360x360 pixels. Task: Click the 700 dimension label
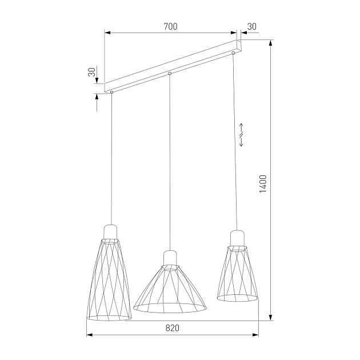(170, 26)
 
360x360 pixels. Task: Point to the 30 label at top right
(252, 26)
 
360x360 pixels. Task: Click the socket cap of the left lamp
(111, 231)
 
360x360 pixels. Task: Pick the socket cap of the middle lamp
(170, 257)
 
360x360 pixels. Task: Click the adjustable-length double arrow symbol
(241, 135)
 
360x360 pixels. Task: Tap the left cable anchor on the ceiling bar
(112, 91)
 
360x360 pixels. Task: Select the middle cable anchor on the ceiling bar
(170, 73)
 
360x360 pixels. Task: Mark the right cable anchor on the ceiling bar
(233, 54)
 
